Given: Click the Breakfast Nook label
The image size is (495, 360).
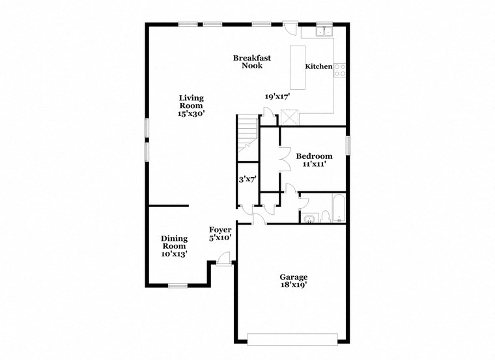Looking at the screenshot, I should pyautogui.click(x=251, y=62).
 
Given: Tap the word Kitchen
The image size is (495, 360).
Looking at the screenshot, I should pyautogui.click(x=319, y=66).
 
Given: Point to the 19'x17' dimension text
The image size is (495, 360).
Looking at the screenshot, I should pyautogui.click(x=277, y=96).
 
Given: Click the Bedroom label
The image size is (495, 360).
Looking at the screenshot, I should pyautogui.click(x=314, y=156).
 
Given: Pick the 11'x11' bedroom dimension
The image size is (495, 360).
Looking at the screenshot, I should pyautogui.click(x=314, y=165).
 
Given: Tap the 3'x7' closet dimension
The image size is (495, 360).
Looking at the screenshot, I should pyautogui.click(x=247, y=179).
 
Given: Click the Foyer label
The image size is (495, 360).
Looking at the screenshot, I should pyautogui.click(x=220, y=230).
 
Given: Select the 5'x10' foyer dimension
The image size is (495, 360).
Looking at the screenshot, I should pyautogui.click(x=220, y=238).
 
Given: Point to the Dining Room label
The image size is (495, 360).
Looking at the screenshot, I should pyautogui.click(x=174, y=242).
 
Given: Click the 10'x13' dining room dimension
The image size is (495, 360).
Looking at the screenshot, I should pyautogui.click(x=174, y=255).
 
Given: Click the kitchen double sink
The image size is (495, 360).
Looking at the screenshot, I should pyautogui.click(x=324, y=31).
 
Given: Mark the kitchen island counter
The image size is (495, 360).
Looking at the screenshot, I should pyautogui.click(x=298, y=67).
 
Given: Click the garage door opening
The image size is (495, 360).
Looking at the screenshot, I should pyautogui.click(x=292, y=339).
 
